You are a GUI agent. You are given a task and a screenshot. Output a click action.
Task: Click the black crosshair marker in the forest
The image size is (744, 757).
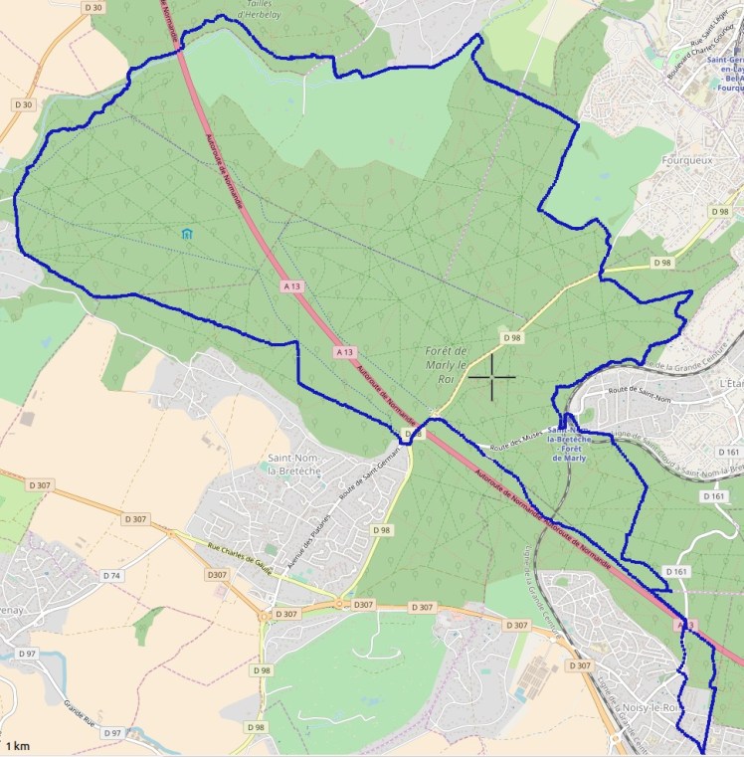click(491, 378)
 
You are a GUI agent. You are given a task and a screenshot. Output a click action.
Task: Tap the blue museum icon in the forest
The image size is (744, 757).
click(186, 234)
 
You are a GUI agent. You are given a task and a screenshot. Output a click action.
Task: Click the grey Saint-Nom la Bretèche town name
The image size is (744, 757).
click(293, 464)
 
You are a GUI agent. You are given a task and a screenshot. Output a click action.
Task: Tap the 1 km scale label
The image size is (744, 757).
click(17, 745)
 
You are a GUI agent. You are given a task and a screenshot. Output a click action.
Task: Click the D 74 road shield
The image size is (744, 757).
click(112, 576)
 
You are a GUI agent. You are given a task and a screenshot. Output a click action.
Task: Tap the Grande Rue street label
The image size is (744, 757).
click(85, 712)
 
